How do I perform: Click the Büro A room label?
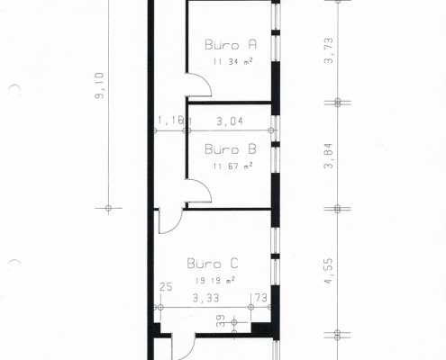tap(231, 44)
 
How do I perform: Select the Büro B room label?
tap(231, 148)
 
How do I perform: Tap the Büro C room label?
tap(213, 264)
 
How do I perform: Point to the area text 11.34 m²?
tap(232, 62)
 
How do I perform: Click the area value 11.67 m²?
tap(232, 166)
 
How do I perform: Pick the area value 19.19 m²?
tap(214, 281)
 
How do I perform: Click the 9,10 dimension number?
tap(99, 85)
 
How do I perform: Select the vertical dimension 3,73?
tap(329, 50)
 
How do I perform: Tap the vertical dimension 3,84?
tap(329, 156)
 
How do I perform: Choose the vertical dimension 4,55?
tap(329, 271)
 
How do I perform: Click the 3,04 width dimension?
tap(230, 121)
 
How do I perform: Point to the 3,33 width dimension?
tap(206, 298)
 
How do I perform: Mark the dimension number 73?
tap(261, 298)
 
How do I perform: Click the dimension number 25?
tap(166, 287)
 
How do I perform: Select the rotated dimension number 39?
tap(221, 320)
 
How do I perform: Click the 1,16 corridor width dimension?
tap(170, 121)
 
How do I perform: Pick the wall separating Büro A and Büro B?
tap(229, 103)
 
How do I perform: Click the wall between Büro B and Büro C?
tap(227, 209)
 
